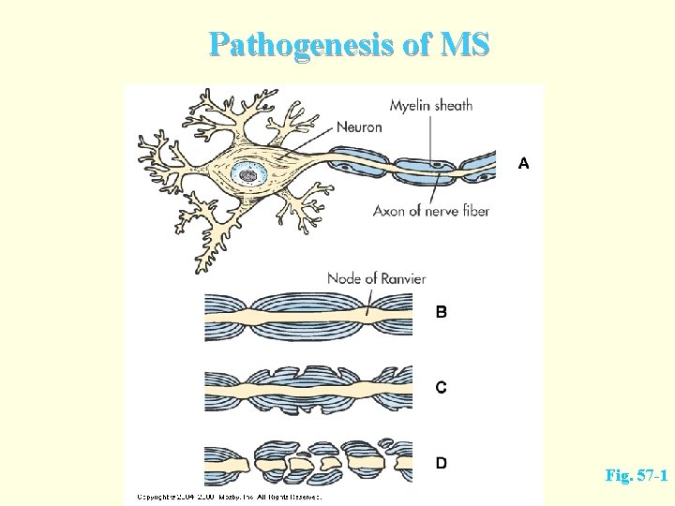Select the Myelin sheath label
[431, 105]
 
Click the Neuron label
[358, 126]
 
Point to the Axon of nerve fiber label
[431, 211]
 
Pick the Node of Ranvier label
[377, 278]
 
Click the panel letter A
[523, 163]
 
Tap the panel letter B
[441, 312]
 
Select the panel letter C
[441, 387]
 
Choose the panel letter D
[441, 462]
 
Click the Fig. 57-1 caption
[637, 476]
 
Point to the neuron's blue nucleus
[248, 172]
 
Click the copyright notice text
[229, 496]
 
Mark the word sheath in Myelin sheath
[453, 105]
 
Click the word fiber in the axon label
[473, 211]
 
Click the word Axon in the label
[389, 211]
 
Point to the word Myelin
[410, 106]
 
